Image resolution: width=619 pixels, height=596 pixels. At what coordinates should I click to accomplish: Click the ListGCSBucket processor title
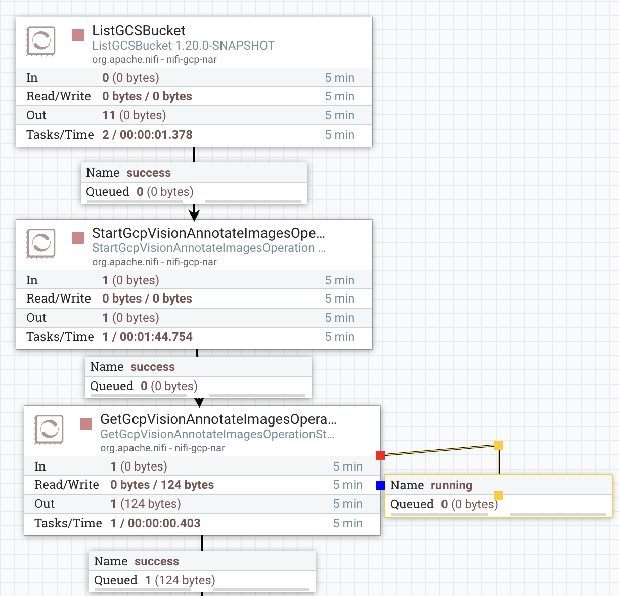tap(139, 31)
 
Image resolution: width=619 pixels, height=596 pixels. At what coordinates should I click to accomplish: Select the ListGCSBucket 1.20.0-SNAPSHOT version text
tap(183, 46)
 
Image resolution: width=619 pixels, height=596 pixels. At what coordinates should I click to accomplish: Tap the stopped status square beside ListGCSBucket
tap(78, 35)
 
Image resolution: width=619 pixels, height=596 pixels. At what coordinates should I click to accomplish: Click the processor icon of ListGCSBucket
tap(40, 41)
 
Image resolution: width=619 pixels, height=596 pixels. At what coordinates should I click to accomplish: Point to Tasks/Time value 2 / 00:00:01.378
tap(147, 135)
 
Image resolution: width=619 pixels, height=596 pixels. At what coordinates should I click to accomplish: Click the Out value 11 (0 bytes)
tap(134, 115)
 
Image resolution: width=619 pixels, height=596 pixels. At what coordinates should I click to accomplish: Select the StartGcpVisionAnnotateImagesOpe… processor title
tap(208, 233)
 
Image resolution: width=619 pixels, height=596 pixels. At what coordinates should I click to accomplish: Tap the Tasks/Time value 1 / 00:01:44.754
tap(147, 337)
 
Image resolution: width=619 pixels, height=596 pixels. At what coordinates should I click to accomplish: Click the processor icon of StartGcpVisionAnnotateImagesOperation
tap(40, 243)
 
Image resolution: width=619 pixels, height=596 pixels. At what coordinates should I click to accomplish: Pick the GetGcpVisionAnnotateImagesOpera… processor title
tap(218, 419)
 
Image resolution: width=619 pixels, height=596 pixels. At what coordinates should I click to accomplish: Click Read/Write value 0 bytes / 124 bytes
tap(162, 485)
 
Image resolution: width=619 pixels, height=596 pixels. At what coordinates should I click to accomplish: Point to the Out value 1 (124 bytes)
tap(146, 504)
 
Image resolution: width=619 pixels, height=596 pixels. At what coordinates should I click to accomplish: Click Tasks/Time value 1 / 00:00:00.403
tap(155, 523)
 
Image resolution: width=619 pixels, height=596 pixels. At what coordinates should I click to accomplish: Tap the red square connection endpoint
tap(380, 455)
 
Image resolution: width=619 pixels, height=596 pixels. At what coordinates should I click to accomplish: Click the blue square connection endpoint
tap(380, 486)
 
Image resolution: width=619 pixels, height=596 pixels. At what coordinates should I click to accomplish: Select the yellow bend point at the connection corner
tap(499, 445)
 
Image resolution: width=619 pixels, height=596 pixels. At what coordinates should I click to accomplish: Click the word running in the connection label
tap(451, 486)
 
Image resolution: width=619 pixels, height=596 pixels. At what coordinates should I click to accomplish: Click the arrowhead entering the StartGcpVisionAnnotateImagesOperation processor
tap(194, 214)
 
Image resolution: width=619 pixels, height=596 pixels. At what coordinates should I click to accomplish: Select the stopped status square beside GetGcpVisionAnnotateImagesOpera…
tap(86, 424)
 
